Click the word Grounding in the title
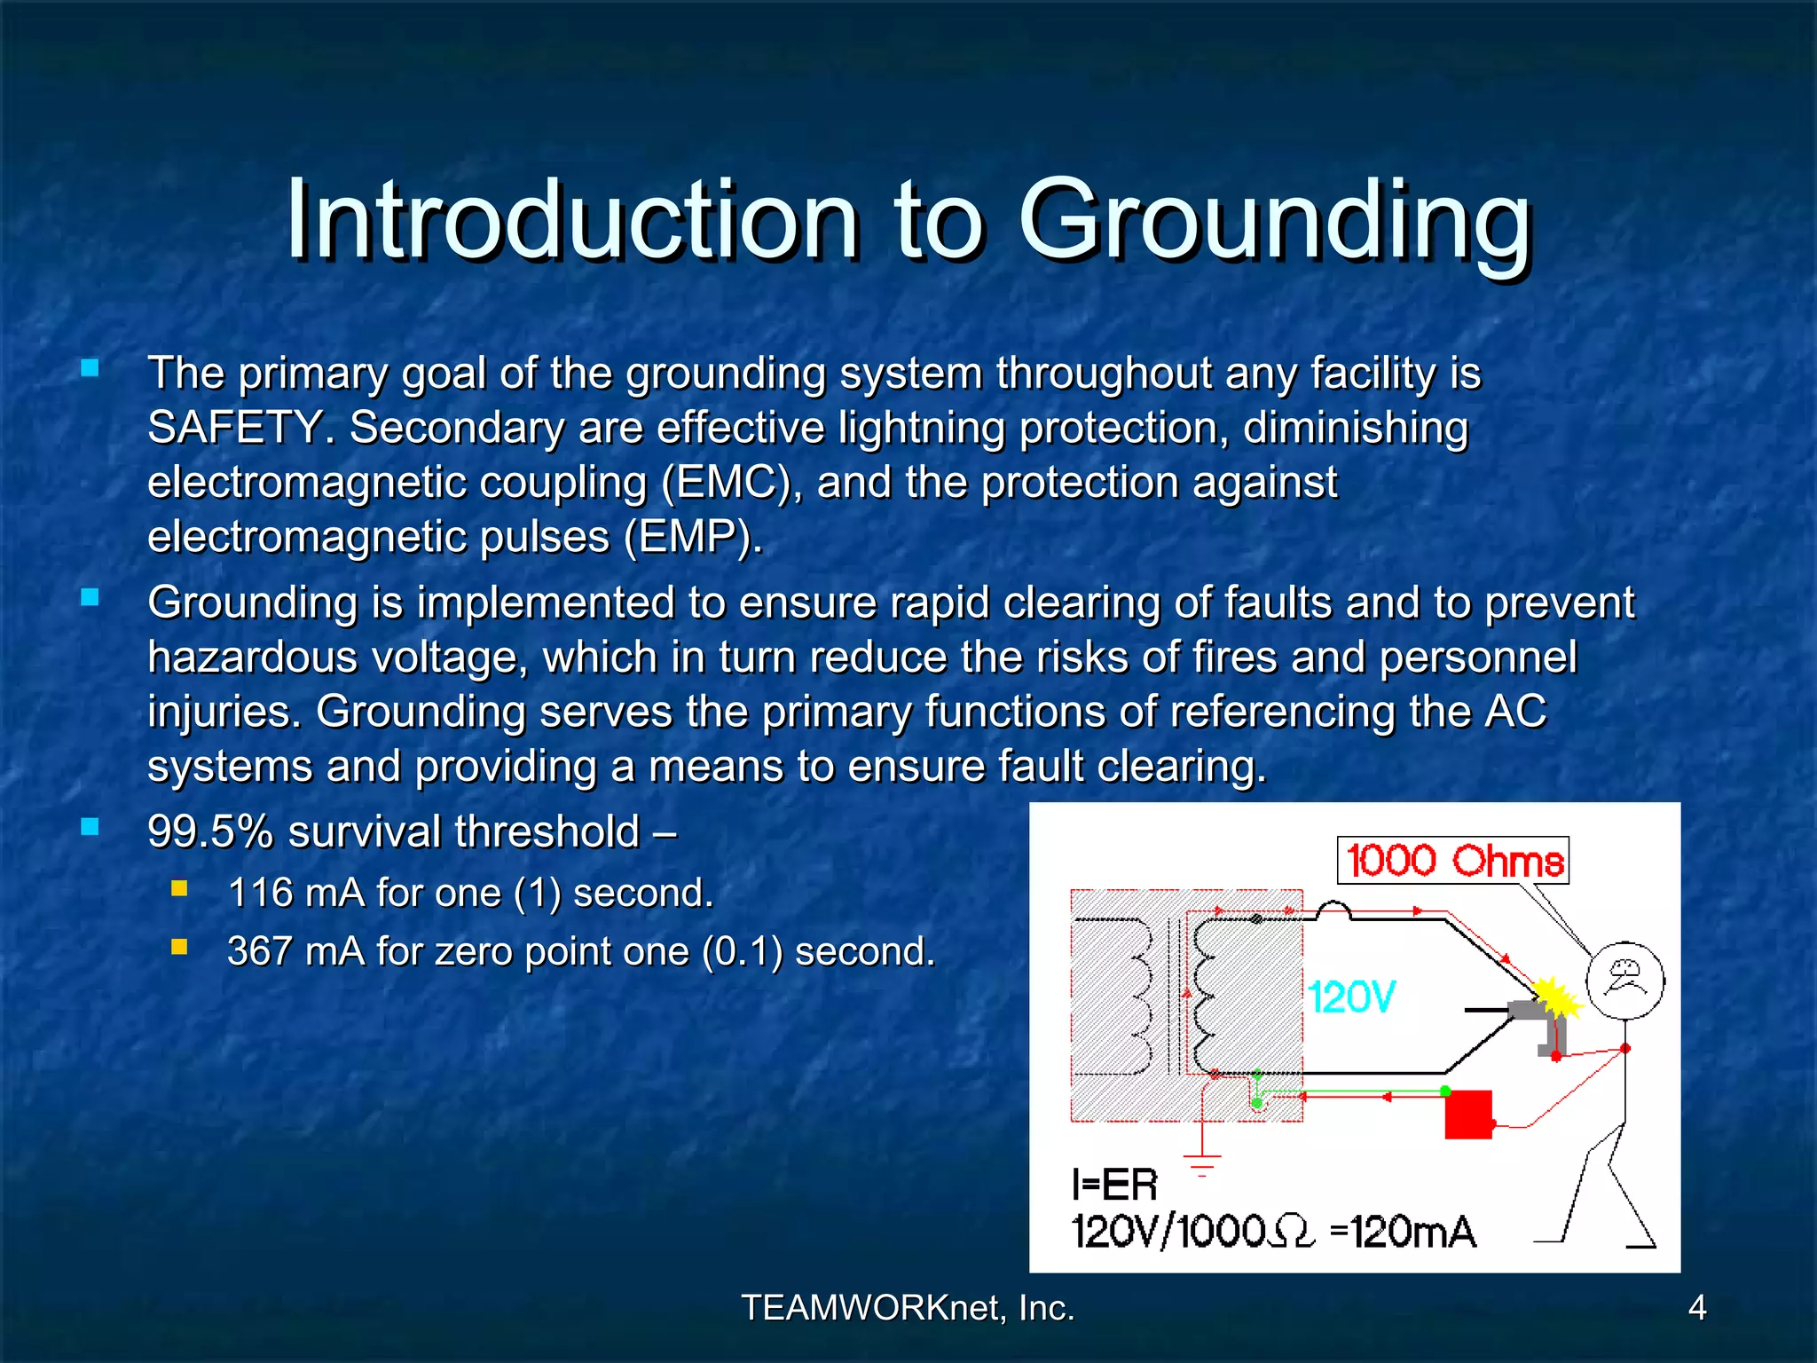[1275, 222]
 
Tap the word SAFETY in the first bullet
[233, 428]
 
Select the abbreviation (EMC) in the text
[726, 483]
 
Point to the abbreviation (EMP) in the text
[692, 537]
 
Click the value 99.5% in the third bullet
[210, 832]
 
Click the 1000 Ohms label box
[1452, 861]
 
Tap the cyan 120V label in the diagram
[1351, 997]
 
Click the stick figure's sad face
[1625, 980]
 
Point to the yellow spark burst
[1557, 998]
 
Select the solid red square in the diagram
[1468, 1115]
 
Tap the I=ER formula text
[1114, 1186]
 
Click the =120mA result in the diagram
[1404, 1233]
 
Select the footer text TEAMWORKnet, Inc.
[908, 1308]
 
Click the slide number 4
[1696, 1308]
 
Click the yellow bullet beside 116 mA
[180, 888]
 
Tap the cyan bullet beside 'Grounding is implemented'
[90, 597]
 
